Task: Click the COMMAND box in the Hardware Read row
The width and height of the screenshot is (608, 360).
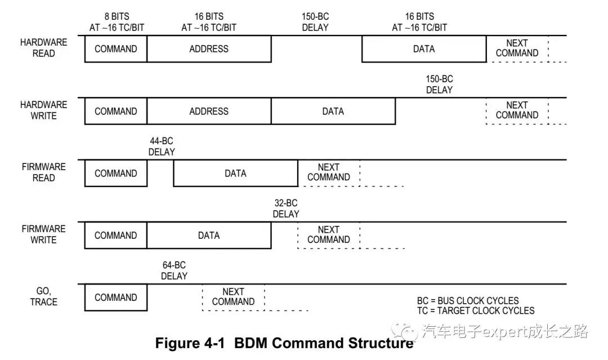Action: (x=115, y=49)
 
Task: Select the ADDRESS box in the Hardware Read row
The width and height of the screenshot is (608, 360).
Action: (x=209, y=49)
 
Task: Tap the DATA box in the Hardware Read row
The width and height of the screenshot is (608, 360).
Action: (x=423, y=49)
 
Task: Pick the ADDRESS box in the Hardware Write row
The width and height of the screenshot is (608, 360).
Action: (x=209, y=111)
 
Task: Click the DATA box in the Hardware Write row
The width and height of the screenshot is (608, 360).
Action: (x=333, y=111)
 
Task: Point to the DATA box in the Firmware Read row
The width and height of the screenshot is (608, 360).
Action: (x=235, y=173)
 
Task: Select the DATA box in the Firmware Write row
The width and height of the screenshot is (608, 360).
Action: (x=209, y=235)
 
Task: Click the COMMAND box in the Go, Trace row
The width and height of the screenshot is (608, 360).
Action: (x=115, y=297)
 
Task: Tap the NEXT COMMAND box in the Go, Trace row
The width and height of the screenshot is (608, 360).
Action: (x=233, y=297)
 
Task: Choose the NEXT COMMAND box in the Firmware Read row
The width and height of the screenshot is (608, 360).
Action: (x=328, y=172)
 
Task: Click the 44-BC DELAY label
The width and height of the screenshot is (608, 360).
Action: (x=162, y=146)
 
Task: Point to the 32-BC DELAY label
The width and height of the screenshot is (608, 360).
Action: (x=286, y=208)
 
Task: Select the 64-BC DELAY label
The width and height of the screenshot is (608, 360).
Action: (x=174, y=270)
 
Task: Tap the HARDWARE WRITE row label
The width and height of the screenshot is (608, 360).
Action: (x=43, y=110)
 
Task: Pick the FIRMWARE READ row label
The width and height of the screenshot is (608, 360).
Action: (x=43, y=172)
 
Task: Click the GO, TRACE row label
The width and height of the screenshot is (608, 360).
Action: (x=43, y=296)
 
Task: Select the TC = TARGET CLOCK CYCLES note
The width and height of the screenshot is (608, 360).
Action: (x=476, y=310)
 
